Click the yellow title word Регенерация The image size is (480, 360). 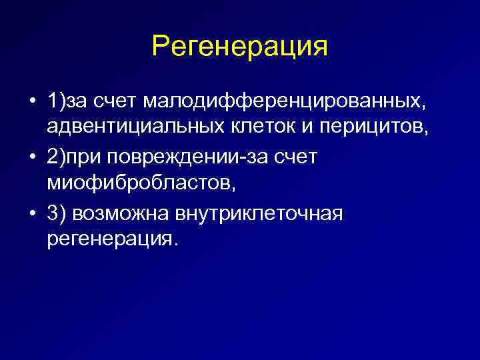[240, 47]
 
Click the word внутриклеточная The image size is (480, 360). [259, 213]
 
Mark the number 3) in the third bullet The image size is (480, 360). [55, 213]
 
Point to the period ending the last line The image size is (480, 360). [176, 243]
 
